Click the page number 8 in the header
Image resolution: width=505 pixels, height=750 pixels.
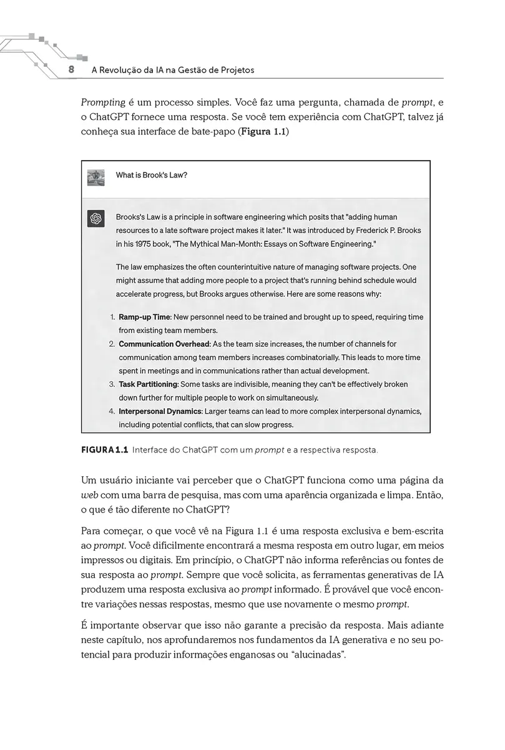pos(71,70)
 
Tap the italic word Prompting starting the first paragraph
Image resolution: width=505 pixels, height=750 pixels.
pos(102,102)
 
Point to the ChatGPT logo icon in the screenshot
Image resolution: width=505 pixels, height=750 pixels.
pos(96,218)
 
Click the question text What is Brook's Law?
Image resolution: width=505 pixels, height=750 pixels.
pos(152,175)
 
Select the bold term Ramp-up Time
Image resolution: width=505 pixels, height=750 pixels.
pos(145,317)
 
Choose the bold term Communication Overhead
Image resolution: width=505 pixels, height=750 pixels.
pos(164,344)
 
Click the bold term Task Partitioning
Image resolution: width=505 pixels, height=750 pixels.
pos(149,384)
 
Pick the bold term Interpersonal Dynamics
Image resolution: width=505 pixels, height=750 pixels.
pos(160,411)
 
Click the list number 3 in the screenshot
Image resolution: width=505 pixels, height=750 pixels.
pos(112,384)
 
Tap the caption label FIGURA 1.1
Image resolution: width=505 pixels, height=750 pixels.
pos(104,449)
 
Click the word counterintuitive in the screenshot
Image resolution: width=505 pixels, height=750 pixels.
pos(241,267)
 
